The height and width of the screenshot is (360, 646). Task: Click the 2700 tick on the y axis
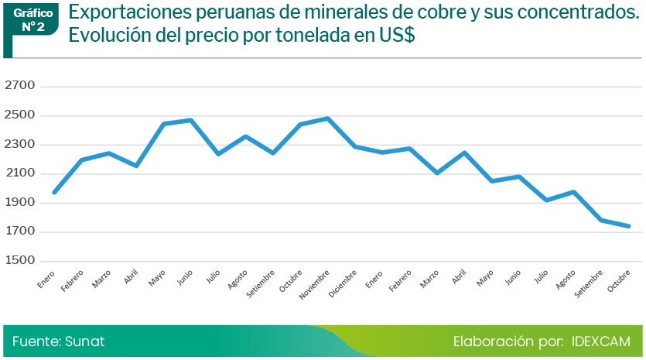(20, 86)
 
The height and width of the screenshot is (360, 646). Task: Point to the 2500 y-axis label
(20, 115)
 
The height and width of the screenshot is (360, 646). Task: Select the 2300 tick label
(20, 144)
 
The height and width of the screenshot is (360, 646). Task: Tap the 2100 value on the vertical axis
(20, 173)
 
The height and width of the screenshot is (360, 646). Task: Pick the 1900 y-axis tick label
(20, 203)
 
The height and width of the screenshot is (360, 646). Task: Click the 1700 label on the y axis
(20, 231)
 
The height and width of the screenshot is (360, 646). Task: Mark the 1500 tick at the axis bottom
(20, 261)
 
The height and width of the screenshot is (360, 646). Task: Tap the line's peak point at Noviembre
(328, 118)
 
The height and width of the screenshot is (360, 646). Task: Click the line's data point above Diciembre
(355, 146)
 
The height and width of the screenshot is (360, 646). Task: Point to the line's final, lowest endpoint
(629, 226)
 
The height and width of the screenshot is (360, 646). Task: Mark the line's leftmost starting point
(53, 193)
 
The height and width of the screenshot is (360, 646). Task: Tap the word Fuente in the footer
(36, 341)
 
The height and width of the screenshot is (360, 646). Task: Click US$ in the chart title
(394, 36)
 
